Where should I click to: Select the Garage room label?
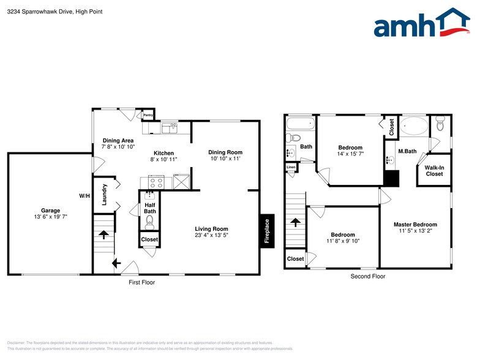point(50,210)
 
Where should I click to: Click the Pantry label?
point(148,114)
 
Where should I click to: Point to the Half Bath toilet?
point(149,221)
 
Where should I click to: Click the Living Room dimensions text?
point(212,236)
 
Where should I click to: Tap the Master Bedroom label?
point(415,224)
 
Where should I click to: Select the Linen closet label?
point(291,167)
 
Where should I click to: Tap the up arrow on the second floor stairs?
point(295,223)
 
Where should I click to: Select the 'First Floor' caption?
point(141,283)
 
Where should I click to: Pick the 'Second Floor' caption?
point(367,277)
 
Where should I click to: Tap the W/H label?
point(84,196)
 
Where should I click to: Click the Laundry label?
point(105,194)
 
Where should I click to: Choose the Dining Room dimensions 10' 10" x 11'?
point(225,159)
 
